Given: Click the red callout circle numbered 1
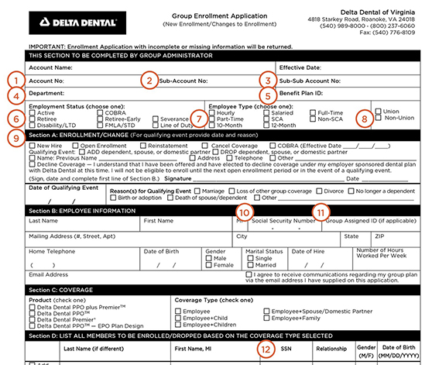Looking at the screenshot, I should pyautogui.click(x=12, y=79).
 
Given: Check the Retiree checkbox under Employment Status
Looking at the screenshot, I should pyautogui.click(x=30, y=119).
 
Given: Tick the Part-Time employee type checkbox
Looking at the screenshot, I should pyautogui.click(x=210, y=119).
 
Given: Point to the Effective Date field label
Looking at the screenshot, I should pyautogui.click(x=299, y=67).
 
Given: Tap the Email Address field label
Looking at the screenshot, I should pyautogui.click(x=47, y=274).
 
